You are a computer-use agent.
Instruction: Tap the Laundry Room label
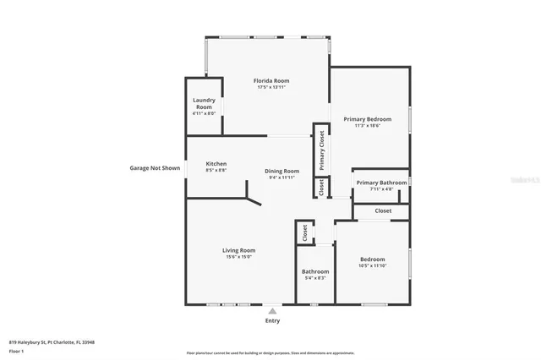pyautogui.click(x=204, y=104)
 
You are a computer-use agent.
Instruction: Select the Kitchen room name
pyautogui.click(x=216, y=164)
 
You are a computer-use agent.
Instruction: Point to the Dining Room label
pyautogui.click(x=282, y=171)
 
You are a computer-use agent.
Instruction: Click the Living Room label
pyautogui.click(x=239, y=250)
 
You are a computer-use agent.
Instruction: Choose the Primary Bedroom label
pyautogui.click(x=367, y=119)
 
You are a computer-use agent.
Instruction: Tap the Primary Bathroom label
pyautogui.click(x=380, y=183)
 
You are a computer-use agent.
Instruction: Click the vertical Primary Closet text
pyautogui.click(x=321, y=150)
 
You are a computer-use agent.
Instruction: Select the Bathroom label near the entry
pyautogui.click(x=314, y=271)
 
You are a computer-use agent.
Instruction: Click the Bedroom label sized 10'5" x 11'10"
pyautogui.click(x=372, y=259)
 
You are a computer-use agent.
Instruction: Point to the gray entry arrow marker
pyautogui.click(x=272, y=310)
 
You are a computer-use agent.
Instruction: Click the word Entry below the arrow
pyautogui.click(x=272, y=320)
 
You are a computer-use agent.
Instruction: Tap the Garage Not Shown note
pyautogui.click(x=155, y=167)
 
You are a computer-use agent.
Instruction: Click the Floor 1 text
pyautogui.click(x=16, y=351)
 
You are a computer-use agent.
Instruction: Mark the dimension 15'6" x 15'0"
pyautogui.click(x=239, y=257)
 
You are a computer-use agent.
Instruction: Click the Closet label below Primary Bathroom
pyautogui.click(x=383, y=210)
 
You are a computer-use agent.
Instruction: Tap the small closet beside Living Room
pyautogui.click(x=303, y=233)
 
